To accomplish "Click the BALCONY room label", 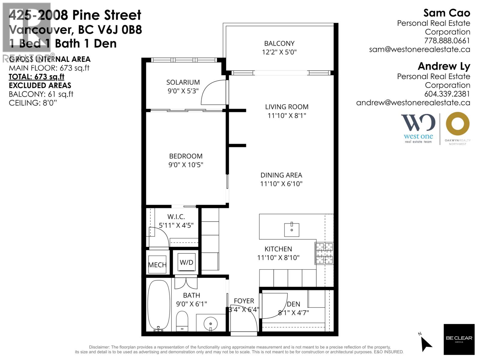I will click(279, 43).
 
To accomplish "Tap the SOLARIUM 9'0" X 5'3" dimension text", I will click(183, 91).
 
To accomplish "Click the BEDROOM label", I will click(186, 156).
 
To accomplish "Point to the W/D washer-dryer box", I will click(186, 262).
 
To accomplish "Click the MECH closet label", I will click(157, 265).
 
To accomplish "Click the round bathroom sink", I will click(211, 324).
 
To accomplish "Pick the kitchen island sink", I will click(292, 230).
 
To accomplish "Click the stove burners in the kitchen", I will click(324, 253).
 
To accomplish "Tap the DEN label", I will click(293, 304).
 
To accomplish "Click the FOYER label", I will click(244, 301).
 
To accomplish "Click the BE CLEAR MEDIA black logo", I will click(459, 339).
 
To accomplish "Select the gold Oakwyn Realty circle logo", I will click(457, 123).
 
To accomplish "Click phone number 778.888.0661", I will click(447, 40).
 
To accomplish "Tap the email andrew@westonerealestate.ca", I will click(413, 103).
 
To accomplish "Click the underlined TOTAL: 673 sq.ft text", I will click(37, 77).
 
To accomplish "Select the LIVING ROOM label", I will click(286, 107).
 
